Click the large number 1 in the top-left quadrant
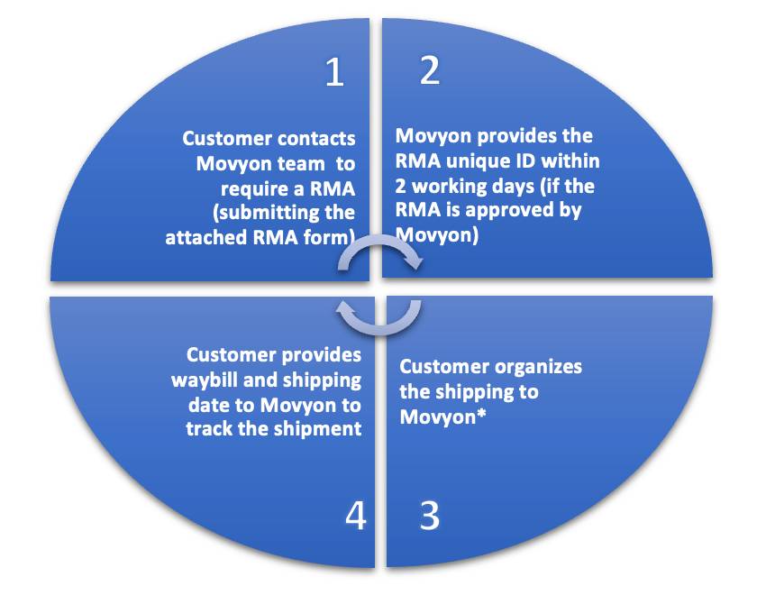pos(334,73)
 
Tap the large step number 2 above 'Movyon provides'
pos(430,71)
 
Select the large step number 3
pos(430,515)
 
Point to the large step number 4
pos(356,516)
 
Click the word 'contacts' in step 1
pos(312,139)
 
